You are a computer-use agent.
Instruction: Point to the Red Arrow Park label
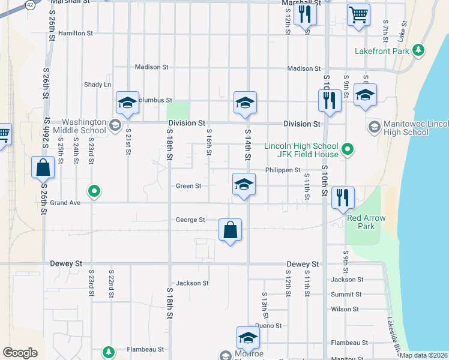(x=366, y=222)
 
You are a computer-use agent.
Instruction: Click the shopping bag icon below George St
(x=230, y=230)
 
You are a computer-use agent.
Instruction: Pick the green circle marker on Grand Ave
(x=94, y=192)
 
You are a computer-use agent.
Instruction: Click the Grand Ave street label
(x=65, y=203)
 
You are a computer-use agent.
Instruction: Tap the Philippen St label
(x=283, y=170)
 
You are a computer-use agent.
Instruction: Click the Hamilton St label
(x=76, y=33)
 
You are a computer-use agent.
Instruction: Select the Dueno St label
(x=268, y=326)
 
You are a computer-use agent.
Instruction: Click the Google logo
(x=20, y=353)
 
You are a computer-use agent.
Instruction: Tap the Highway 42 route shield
(x=29, y=4)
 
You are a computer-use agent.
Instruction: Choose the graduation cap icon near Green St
(x=244, y=184)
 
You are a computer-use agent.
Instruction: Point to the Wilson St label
(x=345, y=310)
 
